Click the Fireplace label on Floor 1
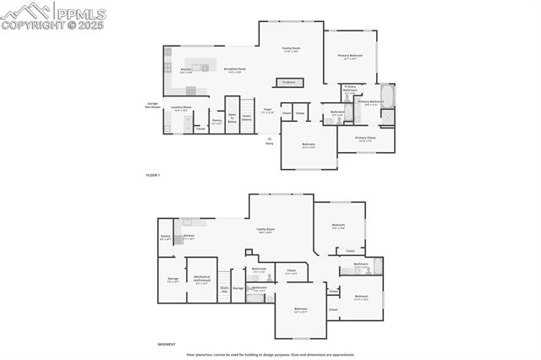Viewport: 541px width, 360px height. [x=289, y=82]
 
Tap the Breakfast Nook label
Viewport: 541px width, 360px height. [x=235, y=70]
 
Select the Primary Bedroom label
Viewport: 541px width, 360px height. [x=350, y=57]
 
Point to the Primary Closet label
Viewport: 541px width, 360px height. [x=365, y=139]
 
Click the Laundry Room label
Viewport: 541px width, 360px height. [x=181, y=108]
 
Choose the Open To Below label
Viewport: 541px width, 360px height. [x=232, y=120]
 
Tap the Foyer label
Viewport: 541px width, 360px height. [x=267, y=110]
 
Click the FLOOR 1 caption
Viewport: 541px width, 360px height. [x=152, y=174]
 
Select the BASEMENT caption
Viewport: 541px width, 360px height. [x=167, y=344]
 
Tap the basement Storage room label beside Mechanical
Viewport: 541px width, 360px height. [x=172, y=280]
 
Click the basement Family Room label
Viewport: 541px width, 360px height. [x=265, y=231]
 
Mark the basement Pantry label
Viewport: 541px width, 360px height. [x=165, y=238]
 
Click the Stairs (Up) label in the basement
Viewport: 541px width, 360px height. [x=224, y=289]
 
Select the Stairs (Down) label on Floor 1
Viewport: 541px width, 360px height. [x=247, y=118]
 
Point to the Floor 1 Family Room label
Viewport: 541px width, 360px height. [x=291, y=50]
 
